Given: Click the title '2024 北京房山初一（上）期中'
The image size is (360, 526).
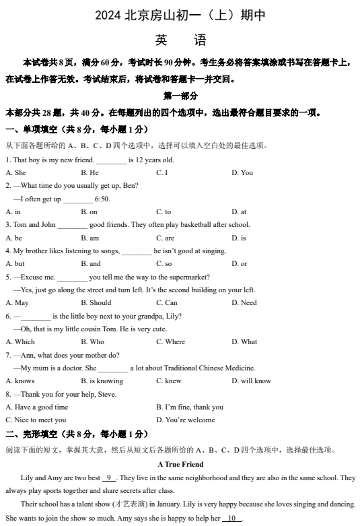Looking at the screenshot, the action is tap(180, 15).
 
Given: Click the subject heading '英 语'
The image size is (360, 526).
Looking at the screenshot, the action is tap(180, 40).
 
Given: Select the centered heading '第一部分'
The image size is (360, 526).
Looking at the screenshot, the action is tap(180, 96).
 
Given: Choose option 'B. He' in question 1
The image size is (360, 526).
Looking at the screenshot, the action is tap(89, 172).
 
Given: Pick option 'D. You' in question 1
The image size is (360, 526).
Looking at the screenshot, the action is tap(242, 172).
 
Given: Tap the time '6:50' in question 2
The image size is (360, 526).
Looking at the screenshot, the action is tap(102, 199).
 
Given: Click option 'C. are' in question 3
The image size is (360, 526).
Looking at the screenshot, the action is tap(165, 238).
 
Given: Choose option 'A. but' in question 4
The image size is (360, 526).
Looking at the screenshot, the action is tap(15, 263).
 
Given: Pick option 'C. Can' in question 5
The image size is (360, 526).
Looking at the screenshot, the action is tap(167, 302).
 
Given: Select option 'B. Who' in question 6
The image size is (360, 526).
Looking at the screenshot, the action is tap(92, 341).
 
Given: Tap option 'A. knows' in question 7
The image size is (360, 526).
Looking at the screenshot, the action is tap(20, 381).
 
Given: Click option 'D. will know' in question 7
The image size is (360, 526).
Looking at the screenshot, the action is tap(251, 381).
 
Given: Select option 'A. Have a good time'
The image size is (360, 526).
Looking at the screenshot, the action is tap(37, 407).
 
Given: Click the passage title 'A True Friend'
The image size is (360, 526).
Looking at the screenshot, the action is tap(180, 464).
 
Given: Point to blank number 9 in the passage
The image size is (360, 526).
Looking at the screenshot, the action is tap(110, 478).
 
